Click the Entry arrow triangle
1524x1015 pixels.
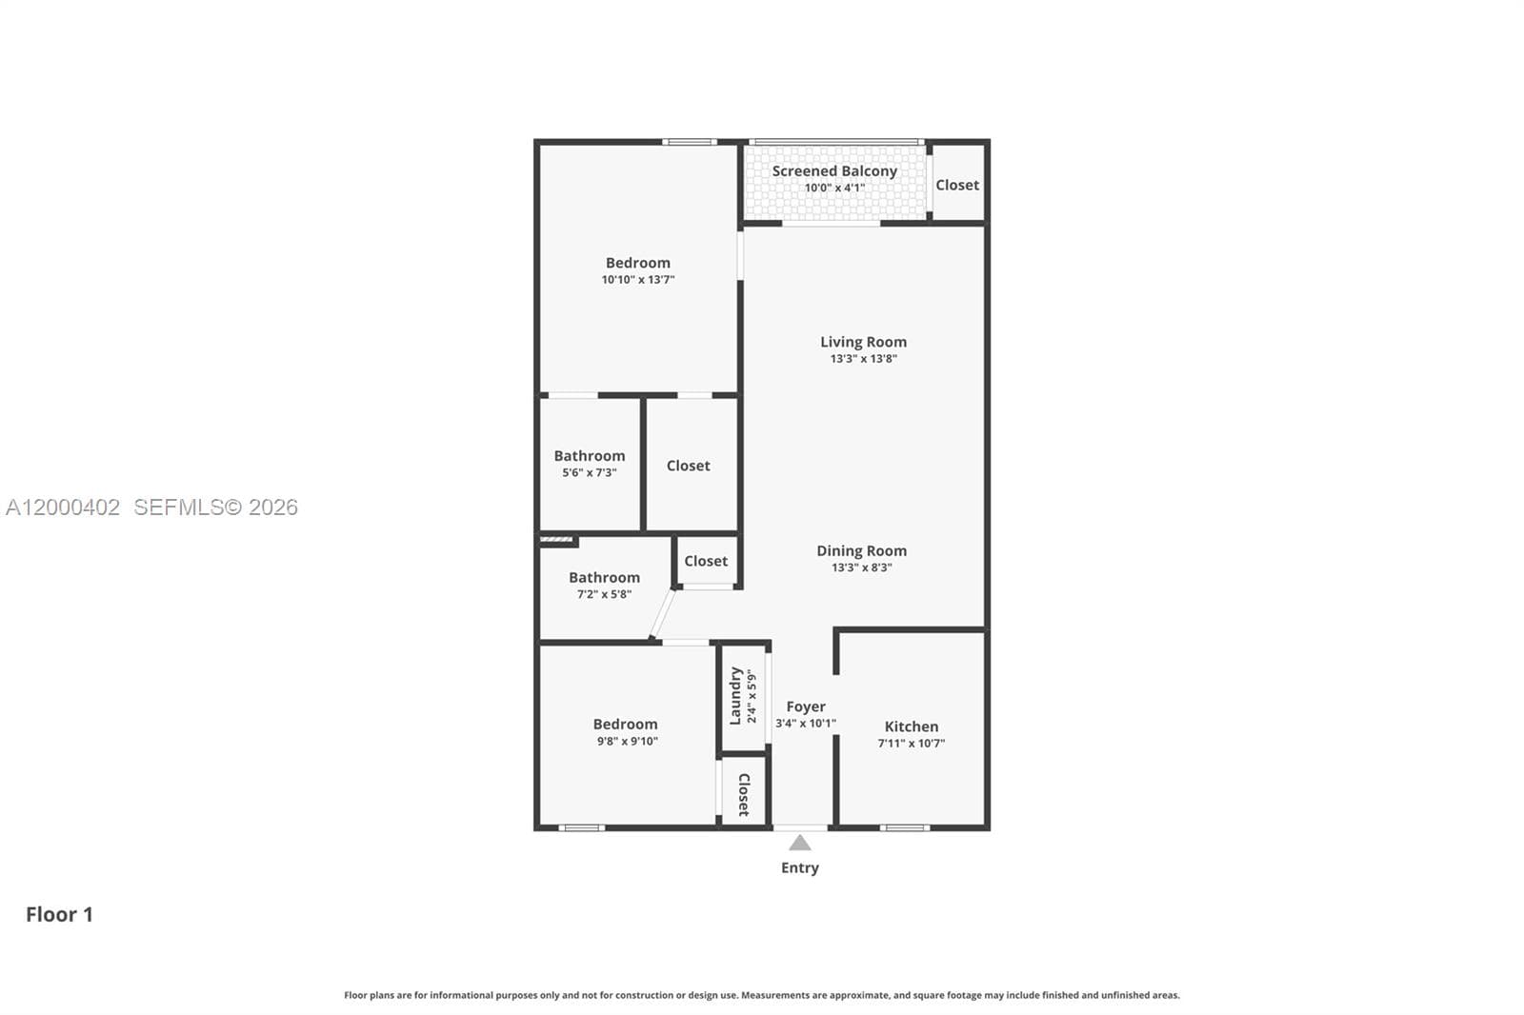pyautogui.click(x=800, y=844)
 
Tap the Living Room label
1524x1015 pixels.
pyautogui.click(x=863, y=342)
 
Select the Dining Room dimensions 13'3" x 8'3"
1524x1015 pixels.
pyautogui.click(x=861, y=567)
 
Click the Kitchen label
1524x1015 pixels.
pyautogui.click(x=911, y=726)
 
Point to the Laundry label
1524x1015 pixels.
pyautogui.click(x=735, y=696)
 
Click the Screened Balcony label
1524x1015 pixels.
pyautogui.click(x=834, y=171)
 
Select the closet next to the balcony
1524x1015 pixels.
pyautogui.click(x=956, y=185)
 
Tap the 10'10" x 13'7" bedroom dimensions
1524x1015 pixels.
pyautogui.click(x=637, y=280)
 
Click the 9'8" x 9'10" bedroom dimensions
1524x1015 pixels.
pyautogui.click(x=625, y=742)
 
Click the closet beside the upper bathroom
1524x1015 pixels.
pyautogui.click(x=688, y=466)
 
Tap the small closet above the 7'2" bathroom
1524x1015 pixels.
pyautogui.click(x=705, y=562)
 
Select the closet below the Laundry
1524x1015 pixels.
pyautogui.click(x=744, y=794)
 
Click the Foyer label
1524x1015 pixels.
pyautogui.click(x=806, y=707)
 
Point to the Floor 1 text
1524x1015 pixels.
pyautogui.click(x=59, y=915)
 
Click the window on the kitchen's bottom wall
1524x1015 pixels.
pyautogui.click(x=904, y=827)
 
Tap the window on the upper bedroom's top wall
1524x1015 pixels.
pyautogui.click(x=690, y=142)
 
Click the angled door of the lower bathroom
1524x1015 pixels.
pyautogui.click(x=662, y=614)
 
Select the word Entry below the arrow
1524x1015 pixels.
pyautogui.click(x=799, y=867)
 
